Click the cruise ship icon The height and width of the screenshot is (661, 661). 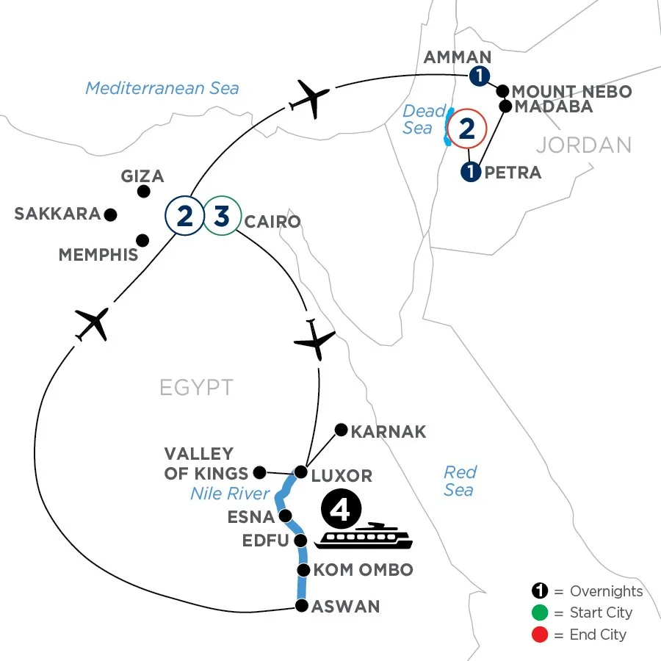click(x=364, y=535)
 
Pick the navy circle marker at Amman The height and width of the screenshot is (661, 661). click(x=479, y=75)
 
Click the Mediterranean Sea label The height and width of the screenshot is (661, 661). click(x=162, y=88)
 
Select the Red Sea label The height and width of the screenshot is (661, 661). click(x=460, y=480)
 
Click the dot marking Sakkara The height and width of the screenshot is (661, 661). click(x=110, y=214)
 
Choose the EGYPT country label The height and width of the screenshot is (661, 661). click(x=196, y=387)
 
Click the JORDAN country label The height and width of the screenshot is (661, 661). click(x=583, y=145)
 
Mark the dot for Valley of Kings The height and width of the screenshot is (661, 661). click(x=259, y=472)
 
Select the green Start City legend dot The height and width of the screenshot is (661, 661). click(x=539, y=613)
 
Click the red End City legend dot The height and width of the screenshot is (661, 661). click(x=539, y=634)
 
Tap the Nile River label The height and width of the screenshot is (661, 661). click(x=231, y=494)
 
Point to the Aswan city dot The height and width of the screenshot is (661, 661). click(x=300, y=606)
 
